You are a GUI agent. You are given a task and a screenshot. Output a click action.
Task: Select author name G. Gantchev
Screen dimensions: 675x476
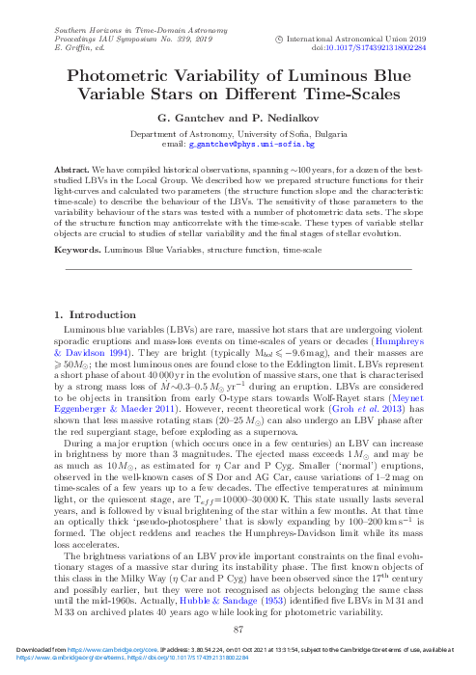tap(194, 118)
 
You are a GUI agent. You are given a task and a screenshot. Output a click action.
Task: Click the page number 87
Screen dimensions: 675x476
tap(238, 628)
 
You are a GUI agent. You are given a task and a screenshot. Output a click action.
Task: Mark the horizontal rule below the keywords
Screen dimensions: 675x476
tap(238, 267)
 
